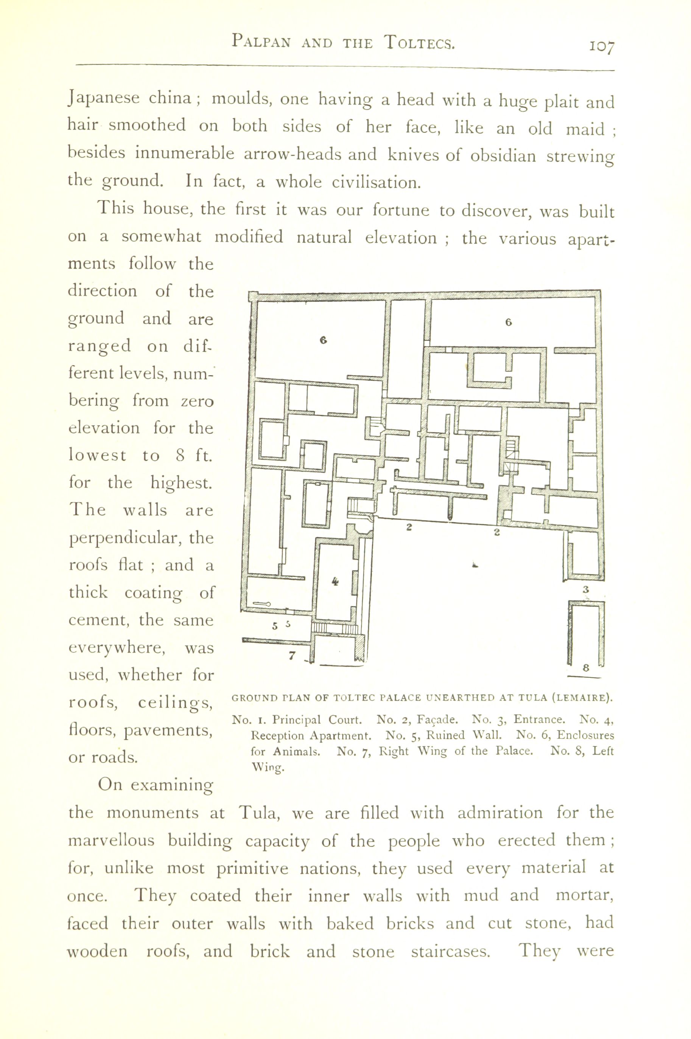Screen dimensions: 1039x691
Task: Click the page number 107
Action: tap(602, 46)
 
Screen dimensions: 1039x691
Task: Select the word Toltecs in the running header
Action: tap(419, 42)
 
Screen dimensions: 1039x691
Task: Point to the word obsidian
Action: tap(503, 156)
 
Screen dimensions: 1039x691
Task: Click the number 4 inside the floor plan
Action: tap(335, 582)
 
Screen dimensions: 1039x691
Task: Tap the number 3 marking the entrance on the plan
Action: tap(586, 589)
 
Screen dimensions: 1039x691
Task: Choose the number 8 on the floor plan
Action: tap(586, 667)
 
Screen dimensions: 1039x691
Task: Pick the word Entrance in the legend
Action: tap(539, 720)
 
